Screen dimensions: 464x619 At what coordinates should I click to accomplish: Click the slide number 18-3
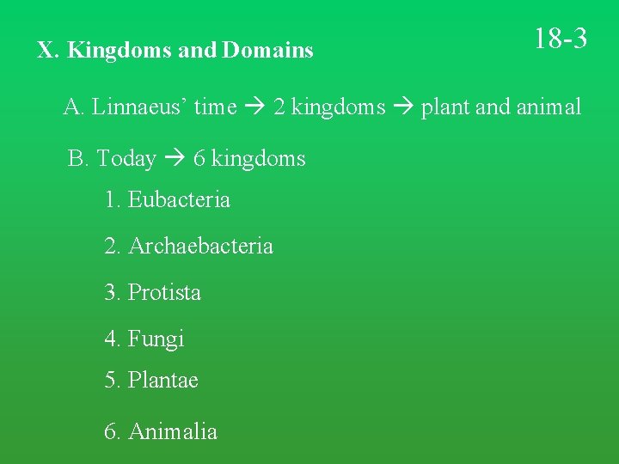click(561, 39)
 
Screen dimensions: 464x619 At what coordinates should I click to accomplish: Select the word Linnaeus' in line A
click(139, 107)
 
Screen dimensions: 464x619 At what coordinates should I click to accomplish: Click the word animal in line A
click(548, 107)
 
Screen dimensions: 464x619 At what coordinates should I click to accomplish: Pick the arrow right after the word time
click(254, 108)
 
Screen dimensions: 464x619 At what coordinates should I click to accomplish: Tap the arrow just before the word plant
click(401, 108)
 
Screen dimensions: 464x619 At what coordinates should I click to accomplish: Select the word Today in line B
click(126, 159)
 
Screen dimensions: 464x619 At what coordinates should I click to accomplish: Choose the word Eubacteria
click(179, 200)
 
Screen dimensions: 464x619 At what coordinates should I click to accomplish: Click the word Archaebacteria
click(200, 247)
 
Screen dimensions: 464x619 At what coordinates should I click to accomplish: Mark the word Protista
click(164, 293)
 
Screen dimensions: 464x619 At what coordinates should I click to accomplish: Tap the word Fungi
click(156, 339)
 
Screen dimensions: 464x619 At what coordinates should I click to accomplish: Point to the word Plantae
click(163, 381)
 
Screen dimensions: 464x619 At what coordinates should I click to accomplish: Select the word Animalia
click(173, 431)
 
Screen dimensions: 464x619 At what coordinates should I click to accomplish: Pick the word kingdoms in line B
click(258, 159)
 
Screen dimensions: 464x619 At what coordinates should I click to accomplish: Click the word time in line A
click(215, 107)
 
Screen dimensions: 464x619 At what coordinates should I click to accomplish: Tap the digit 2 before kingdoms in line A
click(279, 107)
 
